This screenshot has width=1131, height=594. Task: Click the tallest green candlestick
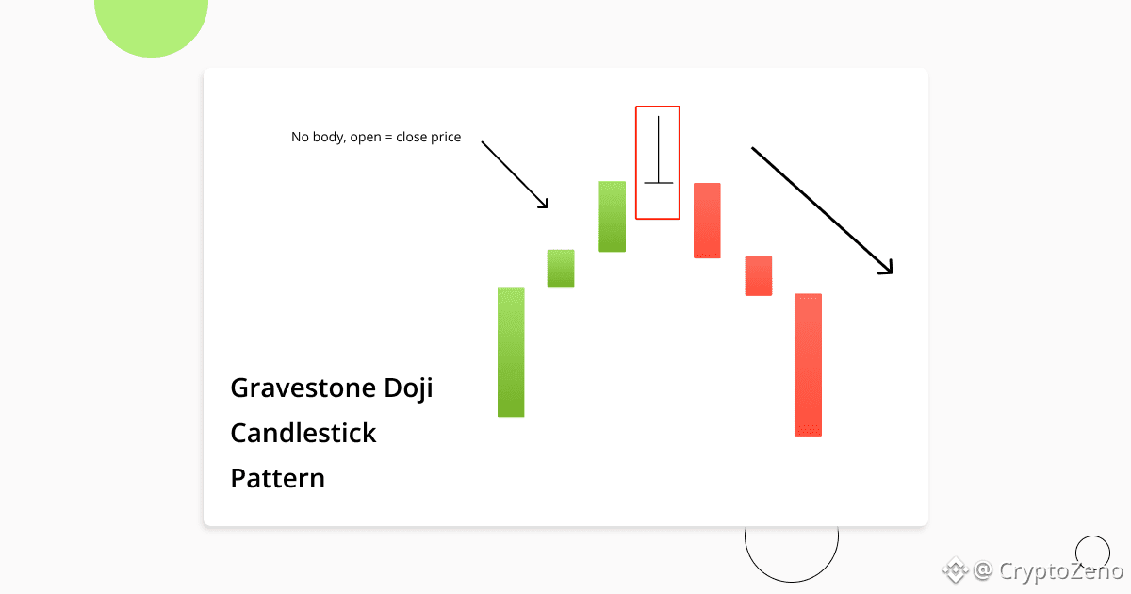[511, 352]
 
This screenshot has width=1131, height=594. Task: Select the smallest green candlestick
[561, 268]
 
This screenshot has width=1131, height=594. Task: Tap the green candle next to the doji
[613, 216]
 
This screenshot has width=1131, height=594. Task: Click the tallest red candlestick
[809, 365]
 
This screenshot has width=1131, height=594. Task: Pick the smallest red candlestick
[759, 275]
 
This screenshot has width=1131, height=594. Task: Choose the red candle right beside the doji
[707, 221]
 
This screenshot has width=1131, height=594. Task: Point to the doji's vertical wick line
[659, 150]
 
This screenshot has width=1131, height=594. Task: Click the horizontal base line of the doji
[659, 182]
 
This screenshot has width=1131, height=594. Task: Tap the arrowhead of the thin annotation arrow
[545, 204]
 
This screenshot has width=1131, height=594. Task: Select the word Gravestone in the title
[303, 388]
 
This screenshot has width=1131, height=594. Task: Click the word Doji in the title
[408, 388]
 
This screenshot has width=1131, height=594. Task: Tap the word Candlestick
[303, 434]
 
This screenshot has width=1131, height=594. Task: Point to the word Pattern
[278, 478]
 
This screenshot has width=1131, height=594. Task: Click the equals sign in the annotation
[388, 137]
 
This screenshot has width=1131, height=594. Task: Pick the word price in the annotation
[446, 138]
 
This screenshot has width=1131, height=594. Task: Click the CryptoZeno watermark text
[1061, 571]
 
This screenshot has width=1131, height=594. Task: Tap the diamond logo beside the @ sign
[956, 570]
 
